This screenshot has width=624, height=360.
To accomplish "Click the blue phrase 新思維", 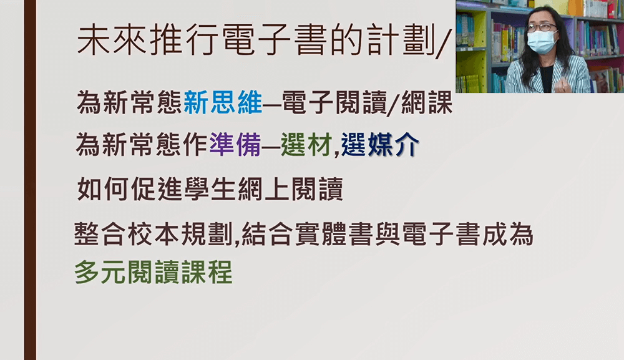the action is click(223, 103).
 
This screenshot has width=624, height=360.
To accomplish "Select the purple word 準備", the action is click(235, 144).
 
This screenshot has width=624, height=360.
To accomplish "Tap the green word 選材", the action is click(306, 144).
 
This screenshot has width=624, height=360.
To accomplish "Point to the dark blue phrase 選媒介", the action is click(380, 144).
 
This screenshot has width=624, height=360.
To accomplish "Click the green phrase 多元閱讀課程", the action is click(154, 273).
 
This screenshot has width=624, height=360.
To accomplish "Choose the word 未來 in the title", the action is click(112, 41).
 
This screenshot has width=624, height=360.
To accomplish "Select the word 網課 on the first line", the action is click(427, 103).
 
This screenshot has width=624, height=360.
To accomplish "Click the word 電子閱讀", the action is click(334, 103).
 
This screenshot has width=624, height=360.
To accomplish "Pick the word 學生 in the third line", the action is click(210, 189).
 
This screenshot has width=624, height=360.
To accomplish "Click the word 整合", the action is click(100, 234).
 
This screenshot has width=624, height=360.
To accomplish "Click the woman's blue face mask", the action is click(542, 42).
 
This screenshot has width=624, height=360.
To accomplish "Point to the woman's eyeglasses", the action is click(541, 27).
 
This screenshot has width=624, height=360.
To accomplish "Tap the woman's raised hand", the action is click(562, 84).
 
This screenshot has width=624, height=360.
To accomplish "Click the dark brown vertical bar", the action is click(30, 180).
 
